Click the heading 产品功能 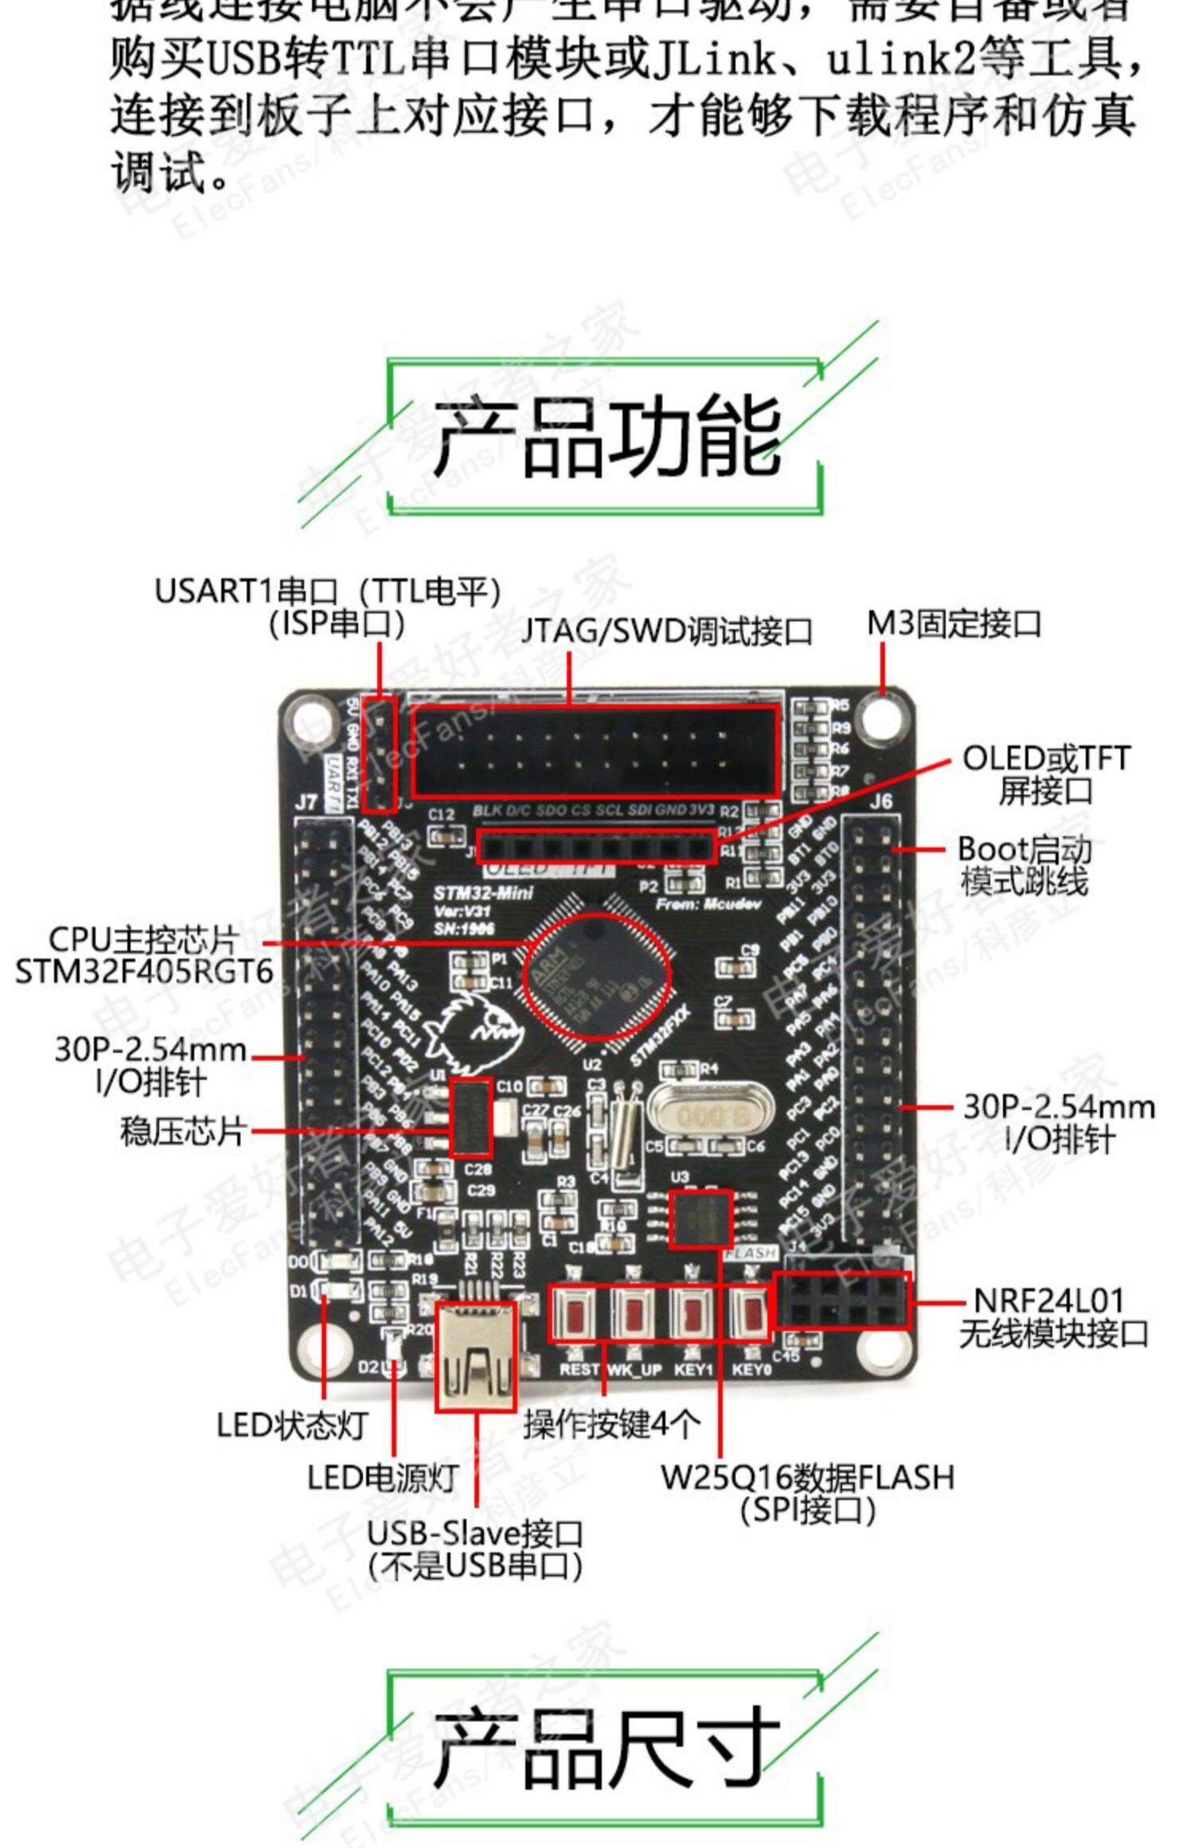click(607, 436)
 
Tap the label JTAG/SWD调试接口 click(667, 632)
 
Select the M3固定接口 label click(954, 624)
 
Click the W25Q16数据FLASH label click(807, 1478)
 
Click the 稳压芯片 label click(181, 1131)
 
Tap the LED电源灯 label click(383, 1478)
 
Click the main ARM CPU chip click(597, 976)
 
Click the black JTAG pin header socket click(595, 750)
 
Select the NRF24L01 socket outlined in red click(842, 1300)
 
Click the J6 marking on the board click(880, 801)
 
